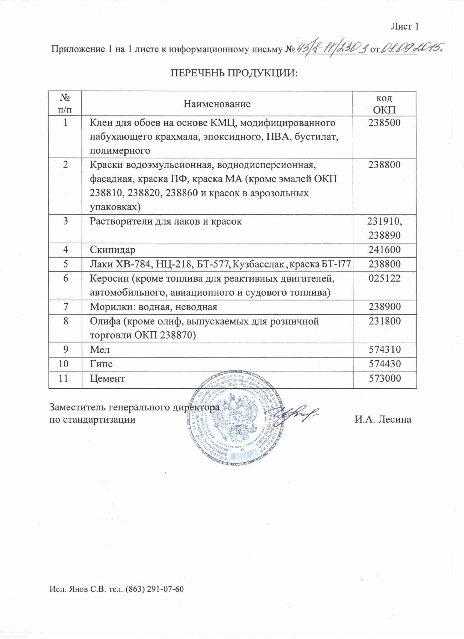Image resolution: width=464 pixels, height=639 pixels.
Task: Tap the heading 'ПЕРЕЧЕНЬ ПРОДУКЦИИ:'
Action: (x=234, y=73)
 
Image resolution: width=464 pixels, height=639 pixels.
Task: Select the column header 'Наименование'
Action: (x=217, y=104)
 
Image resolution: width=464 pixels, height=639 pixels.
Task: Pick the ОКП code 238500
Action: (x=384, y=123)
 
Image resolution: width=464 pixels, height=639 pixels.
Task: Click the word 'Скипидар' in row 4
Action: (x=112, y=250)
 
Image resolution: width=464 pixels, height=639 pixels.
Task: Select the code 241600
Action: (x=384, y=250)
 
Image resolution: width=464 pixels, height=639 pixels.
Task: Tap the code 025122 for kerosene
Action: (x=384, y=278)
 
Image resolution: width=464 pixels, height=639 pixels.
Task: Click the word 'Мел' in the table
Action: (x=100, y=350)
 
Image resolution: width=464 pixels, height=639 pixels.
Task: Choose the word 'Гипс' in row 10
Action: (x=101, y=364)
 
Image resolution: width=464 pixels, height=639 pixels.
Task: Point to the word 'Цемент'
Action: (x=107, y=378)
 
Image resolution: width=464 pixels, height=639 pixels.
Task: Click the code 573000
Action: (x=384, y=378)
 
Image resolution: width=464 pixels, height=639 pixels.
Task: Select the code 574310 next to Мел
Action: (x=384, y=350)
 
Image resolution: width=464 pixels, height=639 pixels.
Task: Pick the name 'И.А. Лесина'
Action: (x=383, y=420)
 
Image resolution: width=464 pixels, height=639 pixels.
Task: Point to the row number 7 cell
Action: (x=65, y=307)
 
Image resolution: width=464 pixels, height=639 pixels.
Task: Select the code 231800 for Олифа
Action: (x=384, y=321)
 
